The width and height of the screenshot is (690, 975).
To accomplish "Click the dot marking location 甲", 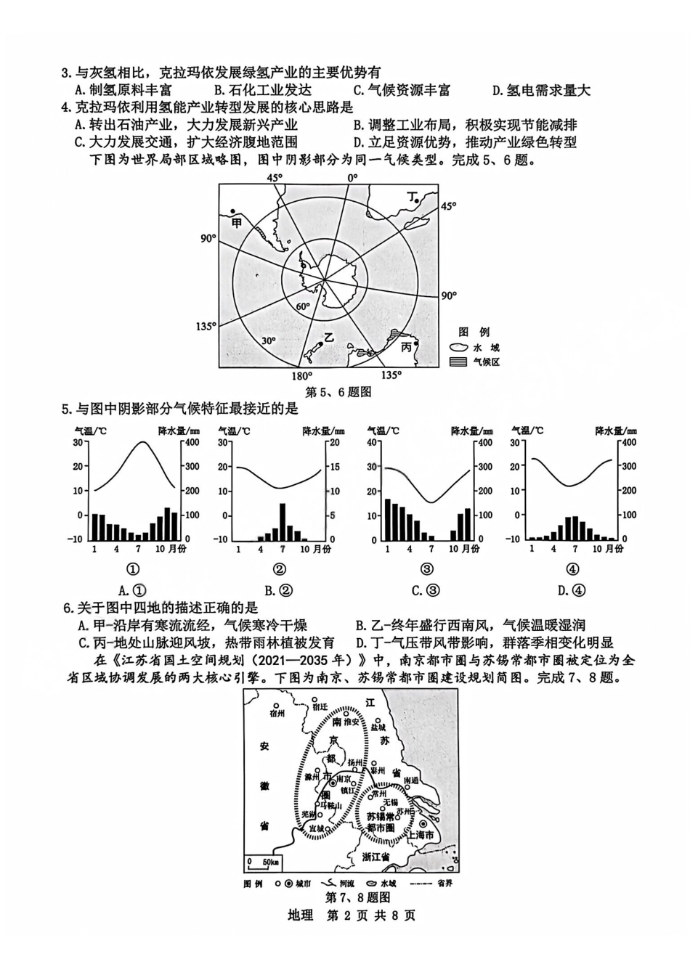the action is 232,211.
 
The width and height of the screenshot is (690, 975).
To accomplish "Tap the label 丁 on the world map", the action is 413,197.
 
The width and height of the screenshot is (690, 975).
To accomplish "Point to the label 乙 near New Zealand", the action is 328,338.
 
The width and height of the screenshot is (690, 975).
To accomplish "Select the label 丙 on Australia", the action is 406,347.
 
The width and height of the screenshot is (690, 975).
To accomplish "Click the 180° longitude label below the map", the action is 301,375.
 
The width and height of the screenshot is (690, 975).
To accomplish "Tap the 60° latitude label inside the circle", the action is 302,306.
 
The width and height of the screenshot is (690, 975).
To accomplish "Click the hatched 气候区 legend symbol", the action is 458,362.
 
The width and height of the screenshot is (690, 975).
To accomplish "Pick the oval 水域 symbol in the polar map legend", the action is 458,348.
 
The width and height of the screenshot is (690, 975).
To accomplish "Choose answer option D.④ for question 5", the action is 572,590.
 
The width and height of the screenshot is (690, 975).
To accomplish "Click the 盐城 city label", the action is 378,726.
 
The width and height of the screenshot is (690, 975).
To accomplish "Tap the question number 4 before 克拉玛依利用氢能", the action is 65,107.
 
